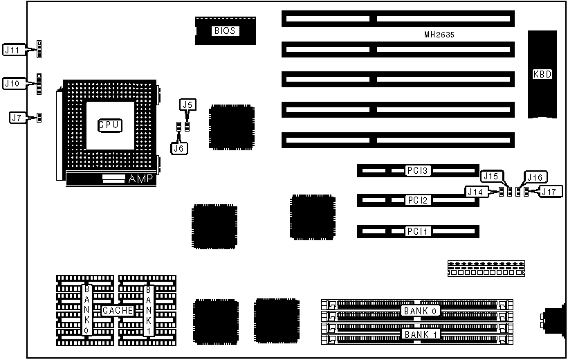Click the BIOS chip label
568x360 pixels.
pyautogui.click(x=225, y=30)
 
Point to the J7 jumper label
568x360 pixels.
pyautogui.click(x=17, y=118)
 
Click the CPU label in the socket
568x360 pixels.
pyautogui.click(x=109, y=125)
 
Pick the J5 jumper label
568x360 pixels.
pyautogui.click(x=187, y=105)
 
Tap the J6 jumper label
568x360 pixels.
pyautogui.click(x=178, y=147)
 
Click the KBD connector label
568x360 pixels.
pyautogui.click(x=542, y=74)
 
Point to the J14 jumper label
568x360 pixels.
pyautogui.click(x=475, y=192)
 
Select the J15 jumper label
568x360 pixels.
pyautogui.click(x=491, y=176)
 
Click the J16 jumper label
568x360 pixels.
pyautogui.click(x=535, y=176)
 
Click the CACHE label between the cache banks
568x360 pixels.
pyautogui.click(x=118, y=311)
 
